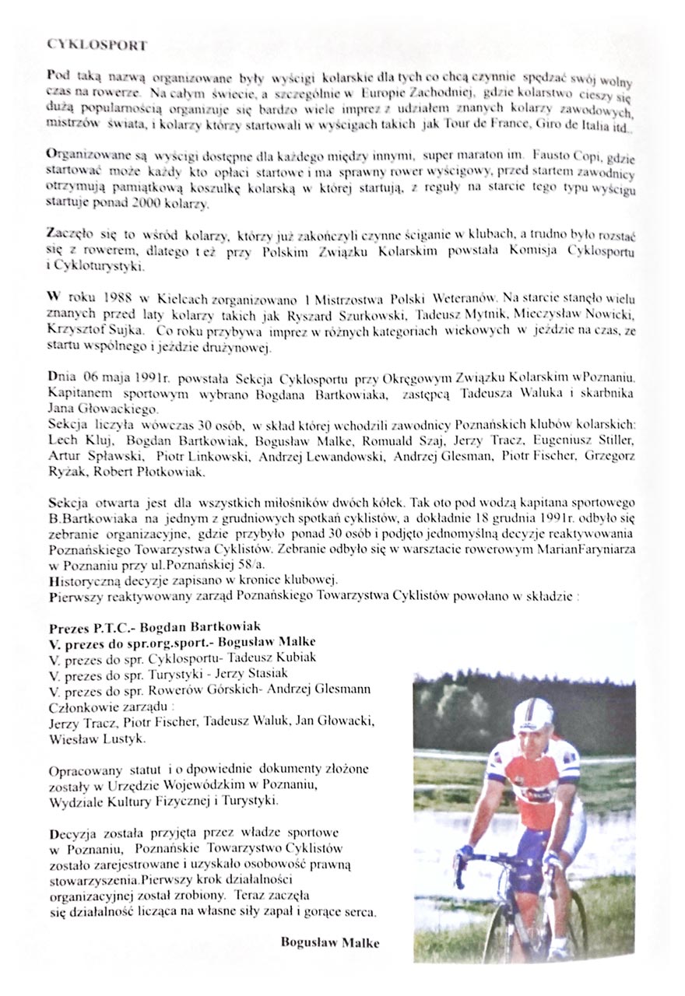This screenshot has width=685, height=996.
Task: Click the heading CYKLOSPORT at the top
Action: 97,45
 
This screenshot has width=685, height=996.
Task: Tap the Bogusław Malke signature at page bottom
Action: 330,942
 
